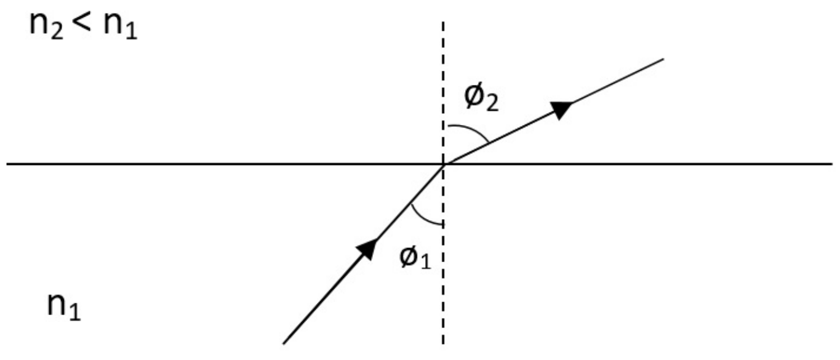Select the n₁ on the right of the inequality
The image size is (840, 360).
pyautogui.click(x=121, y=27)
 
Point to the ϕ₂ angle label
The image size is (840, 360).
pyautogui.click(x=481, y=98)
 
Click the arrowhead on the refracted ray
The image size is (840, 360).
pyautogui.click(x=561, y=110)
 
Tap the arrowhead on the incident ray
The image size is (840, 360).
pyautogui.click(x=367, y=248)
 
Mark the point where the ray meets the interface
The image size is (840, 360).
pyautogui.click(x=444, y=164)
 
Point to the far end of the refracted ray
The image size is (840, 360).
pyautogui.click(x=664, y=59)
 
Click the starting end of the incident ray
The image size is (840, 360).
pyautogui.click(x=284, y=343)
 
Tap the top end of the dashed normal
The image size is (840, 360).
pyautogui.click(x=443, y=22)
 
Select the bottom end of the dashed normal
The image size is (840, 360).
pyautogui.click(x=443, y=344)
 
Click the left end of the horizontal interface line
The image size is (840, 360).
pyautogui.click(x=7, y=164)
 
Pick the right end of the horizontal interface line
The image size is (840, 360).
pyautogui.click(x=833, y=164)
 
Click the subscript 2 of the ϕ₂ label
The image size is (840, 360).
pyautogui.click(x=492, y=103)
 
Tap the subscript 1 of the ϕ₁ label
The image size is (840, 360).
pyautogui.click(x=426, y=261)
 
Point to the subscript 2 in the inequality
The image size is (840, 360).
pyautogui.click(x=57, y=32)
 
